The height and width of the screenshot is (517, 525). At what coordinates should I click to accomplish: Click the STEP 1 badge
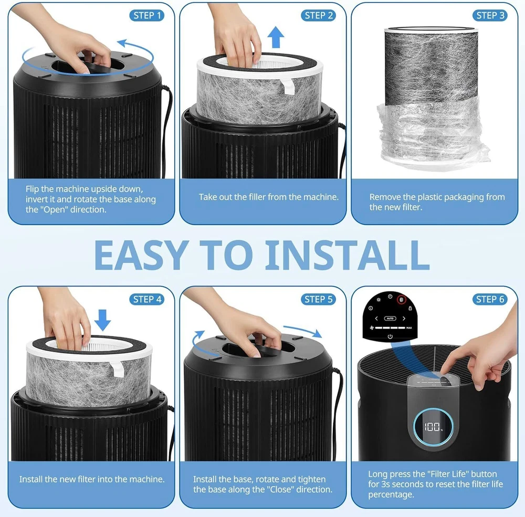(x=147, y=15)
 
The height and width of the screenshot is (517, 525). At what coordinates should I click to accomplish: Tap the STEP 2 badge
(x=319, y=15)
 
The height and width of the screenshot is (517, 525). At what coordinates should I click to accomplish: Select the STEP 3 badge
(x=490, y=15)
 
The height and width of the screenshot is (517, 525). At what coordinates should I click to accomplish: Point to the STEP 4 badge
(x=147, y=299)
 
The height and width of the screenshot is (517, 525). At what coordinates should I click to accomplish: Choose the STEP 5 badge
(x=319, y=299)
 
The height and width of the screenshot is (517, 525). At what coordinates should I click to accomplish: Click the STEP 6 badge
(x=490, y=299)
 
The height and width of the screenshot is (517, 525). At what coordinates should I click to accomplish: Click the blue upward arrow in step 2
(x=276, y=37)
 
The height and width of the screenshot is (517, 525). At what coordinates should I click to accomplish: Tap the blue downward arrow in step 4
(x=102, y=320)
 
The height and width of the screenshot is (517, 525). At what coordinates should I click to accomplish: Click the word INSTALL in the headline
(x=347, y=255)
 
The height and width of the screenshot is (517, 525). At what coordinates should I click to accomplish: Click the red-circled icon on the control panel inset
(x=402, y=300)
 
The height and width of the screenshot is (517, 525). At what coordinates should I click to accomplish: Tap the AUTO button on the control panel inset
(x=390, y=319)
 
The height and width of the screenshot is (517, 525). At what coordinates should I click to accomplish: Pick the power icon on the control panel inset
(x=390, y=336)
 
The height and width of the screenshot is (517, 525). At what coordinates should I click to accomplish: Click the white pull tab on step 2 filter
(x=288, y=87)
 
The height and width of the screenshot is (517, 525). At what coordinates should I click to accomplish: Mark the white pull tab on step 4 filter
(x=117, y=369)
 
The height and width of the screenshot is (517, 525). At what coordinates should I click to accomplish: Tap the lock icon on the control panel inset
(x=410, y=308)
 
